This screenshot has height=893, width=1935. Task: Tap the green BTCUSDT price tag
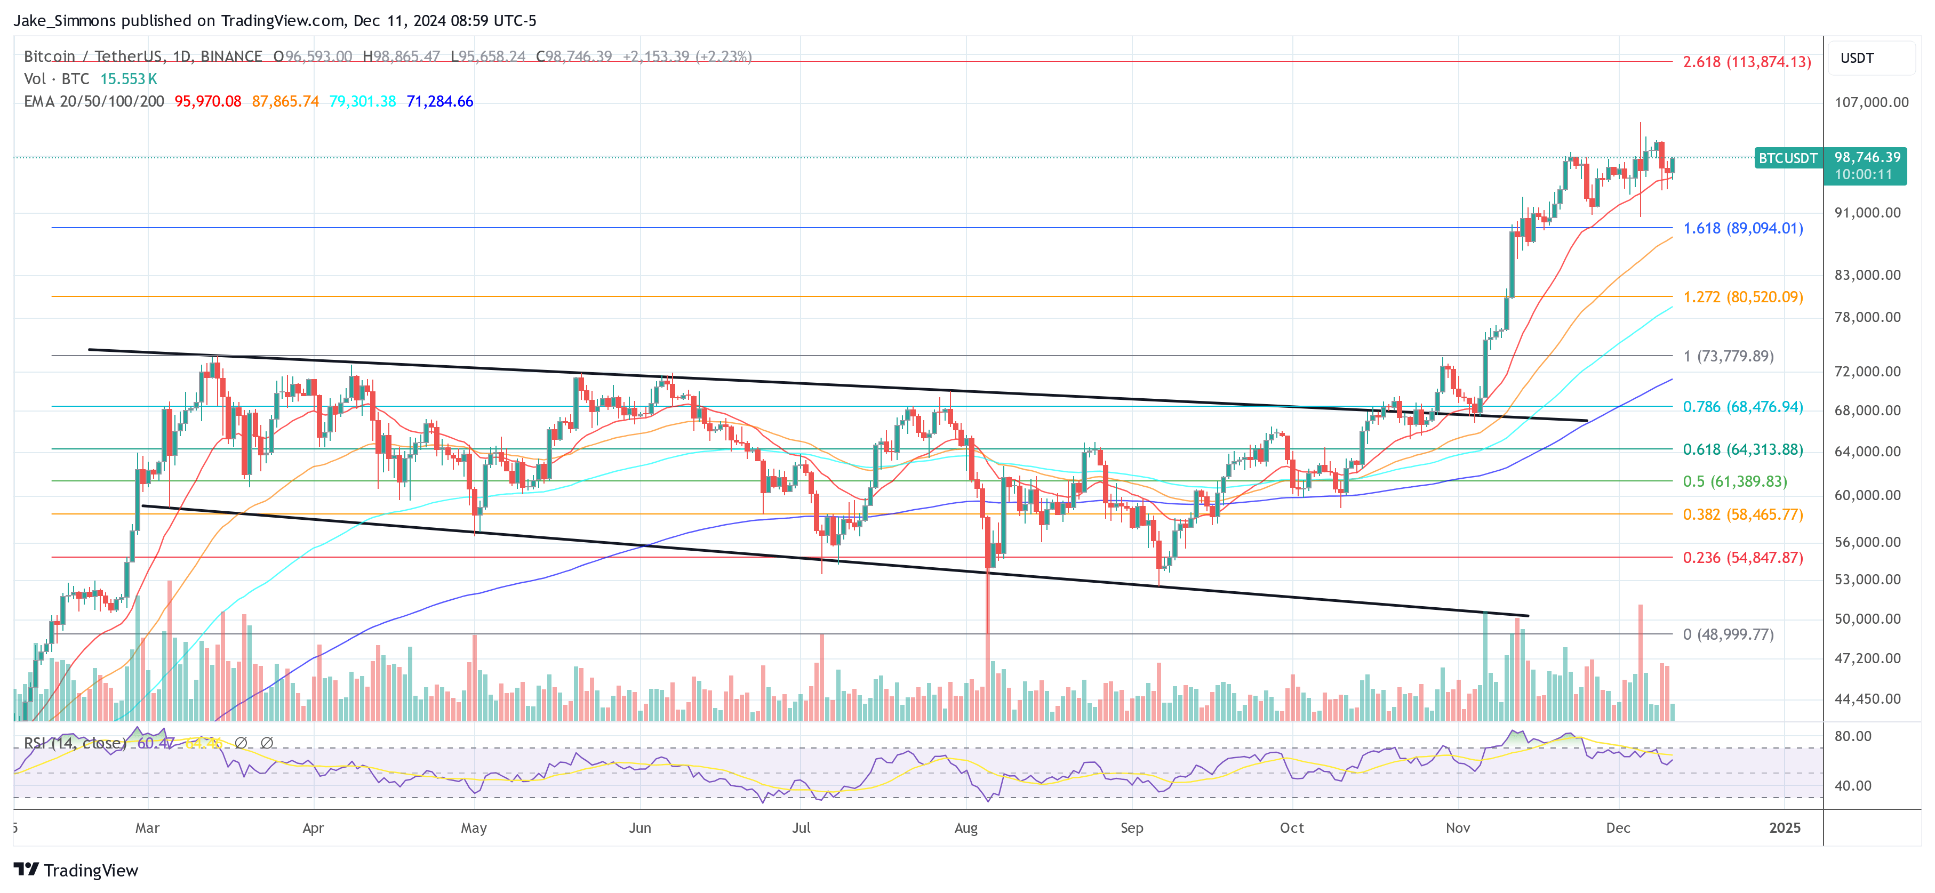pos(1788,158)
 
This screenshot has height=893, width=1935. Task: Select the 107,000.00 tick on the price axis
pos(1870,102)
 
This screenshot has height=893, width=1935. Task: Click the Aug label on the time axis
pos(965,827)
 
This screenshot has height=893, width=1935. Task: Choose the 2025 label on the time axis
pos(1784,827)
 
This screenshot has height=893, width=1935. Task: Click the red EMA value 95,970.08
pos(208,101)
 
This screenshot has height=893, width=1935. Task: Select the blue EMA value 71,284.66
pos(439,101)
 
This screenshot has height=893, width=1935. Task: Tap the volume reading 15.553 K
pos(129,79)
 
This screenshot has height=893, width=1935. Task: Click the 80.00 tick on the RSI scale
pos(1852,736)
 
